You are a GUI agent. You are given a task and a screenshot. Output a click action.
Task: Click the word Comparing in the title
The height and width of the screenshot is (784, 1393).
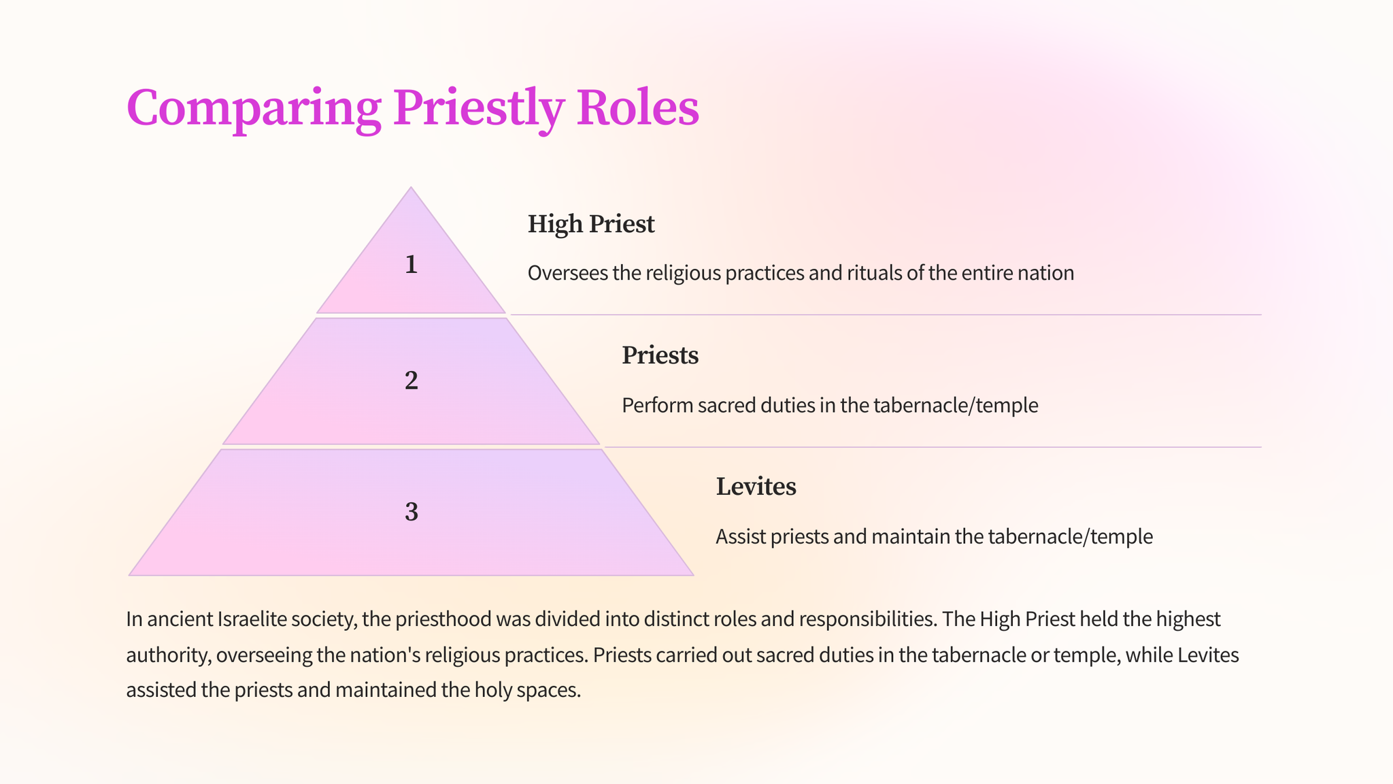point(253,108)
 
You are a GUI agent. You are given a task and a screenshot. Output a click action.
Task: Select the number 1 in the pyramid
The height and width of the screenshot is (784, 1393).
point(411,265)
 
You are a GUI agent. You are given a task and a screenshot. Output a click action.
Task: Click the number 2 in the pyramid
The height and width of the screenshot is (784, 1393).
point(411,380)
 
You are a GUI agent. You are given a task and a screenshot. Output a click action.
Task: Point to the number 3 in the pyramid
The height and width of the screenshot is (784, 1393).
point(411,512)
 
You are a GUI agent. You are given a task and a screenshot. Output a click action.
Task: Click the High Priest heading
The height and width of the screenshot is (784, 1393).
point(590,224)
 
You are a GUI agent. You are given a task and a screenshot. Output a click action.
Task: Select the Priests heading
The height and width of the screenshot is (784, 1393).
point(660,355)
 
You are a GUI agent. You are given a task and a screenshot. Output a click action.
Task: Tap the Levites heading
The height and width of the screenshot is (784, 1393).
point(756,487)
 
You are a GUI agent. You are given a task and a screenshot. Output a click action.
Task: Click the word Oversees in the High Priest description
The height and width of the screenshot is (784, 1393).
point(567,274)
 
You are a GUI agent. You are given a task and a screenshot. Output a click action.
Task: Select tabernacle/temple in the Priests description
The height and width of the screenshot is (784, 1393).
point(956,406)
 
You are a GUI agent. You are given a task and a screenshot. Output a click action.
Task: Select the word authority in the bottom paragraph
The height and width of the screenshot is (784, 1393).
point(167,655)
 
